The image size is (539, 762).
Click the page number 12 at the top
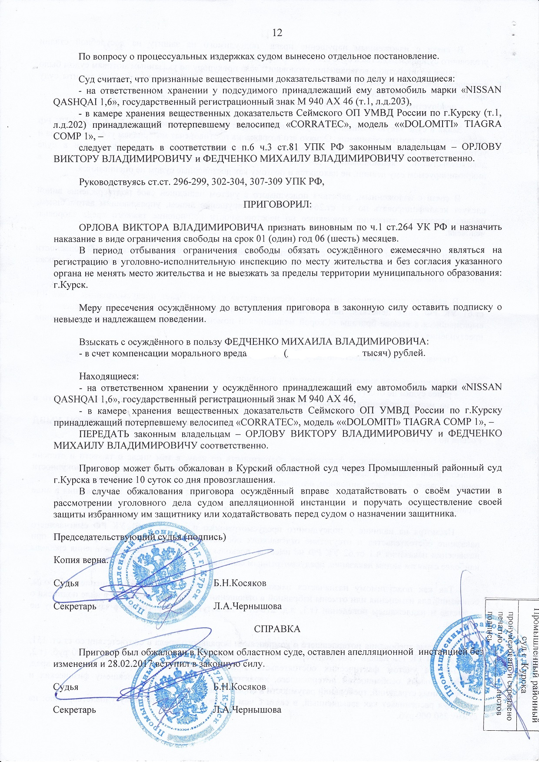coord(277,33)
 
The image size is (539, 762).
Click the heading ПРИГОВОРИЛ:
coord(277,204)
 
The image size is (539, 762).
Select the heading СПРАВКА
coord(277,629)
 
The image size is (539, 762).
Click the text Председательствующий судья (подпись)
coord(140,537)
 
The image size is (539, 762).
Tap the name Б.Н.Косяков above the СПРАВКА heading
coord(240,583)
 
